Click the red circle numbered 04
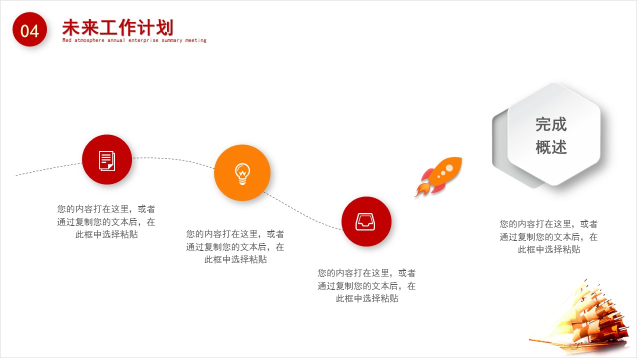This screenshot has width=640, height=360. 29,30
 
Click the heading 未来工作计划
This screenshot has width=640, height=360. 117,27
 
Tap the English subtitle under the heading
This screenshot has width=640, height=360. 134,40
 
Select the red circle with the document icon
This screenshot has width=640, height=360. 107,159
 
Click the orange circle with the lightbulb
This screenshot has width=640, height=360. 242,172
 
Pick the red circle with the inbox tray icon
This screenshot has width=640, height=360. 366,221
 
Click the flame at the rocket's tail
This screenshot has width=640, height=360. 421,189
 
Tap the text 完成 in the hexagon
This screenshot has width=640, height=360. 551,124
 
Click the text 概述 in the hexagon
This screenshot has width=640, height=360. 551,147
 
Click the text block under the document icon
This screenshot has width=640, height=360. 106,221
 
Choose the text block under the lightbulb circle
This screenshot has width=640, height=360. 235,246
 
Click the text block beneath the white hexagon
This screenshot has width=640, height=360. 548,236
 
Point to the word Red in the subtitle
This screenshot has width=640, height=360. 67,40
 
